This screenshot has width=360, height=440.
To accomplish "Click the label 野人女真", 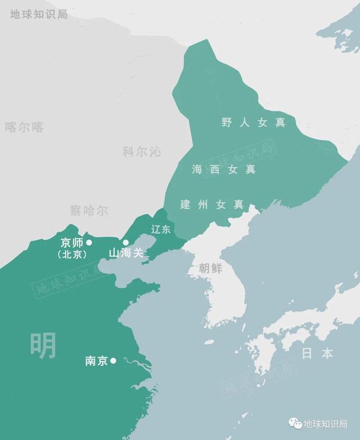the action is click(x=253, y=123).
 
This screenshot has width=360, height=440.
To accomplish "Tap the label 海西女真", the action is click(x=223, y=169).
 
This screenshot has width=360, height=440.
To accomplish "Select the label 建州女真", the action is click(x=212, y=205).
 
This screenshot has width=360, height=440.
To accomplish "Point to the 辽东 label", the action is click(x=161, y=229).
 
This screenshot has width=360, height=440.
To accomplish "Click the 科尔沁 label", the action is click(x=141, y=151).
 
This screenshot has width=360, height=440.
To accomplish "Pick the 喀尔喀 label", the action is click(x=24, y=127).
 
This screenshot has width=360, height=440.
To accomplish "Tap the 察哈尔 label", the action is click(x=89, y=211).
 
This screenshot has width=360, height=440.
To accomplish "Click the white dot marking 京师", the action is click(x=89, y=242).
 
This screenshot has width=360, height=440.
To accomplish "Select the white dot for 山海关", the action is click(x=126, y=243).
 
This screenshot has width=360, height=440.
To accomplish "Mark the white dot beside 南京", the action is click(x=113, y=361).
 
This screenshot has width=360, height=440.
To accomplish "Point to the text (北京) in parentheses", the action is click(x=72, y=254).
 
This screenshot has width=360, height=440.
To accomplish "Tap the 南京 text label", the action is click(x=96, y=361).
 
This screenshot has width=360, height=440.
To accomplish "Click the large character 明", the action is click(x=43, y=345).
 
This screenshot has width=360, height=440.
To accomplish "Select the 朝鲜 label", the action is click(x=210, y=268).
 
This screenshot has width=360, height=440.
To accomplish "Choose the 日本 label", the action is click(x=317, y=353).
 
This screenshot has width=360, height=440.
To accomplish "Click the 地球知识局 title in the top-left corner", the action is click(x=39, y=14).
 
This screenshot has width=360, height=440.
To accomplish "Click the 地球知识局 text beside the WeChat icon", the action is click(x=326, y=424).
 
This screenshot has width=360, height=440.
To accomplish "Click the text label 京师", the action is click(x=71, y=243).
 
